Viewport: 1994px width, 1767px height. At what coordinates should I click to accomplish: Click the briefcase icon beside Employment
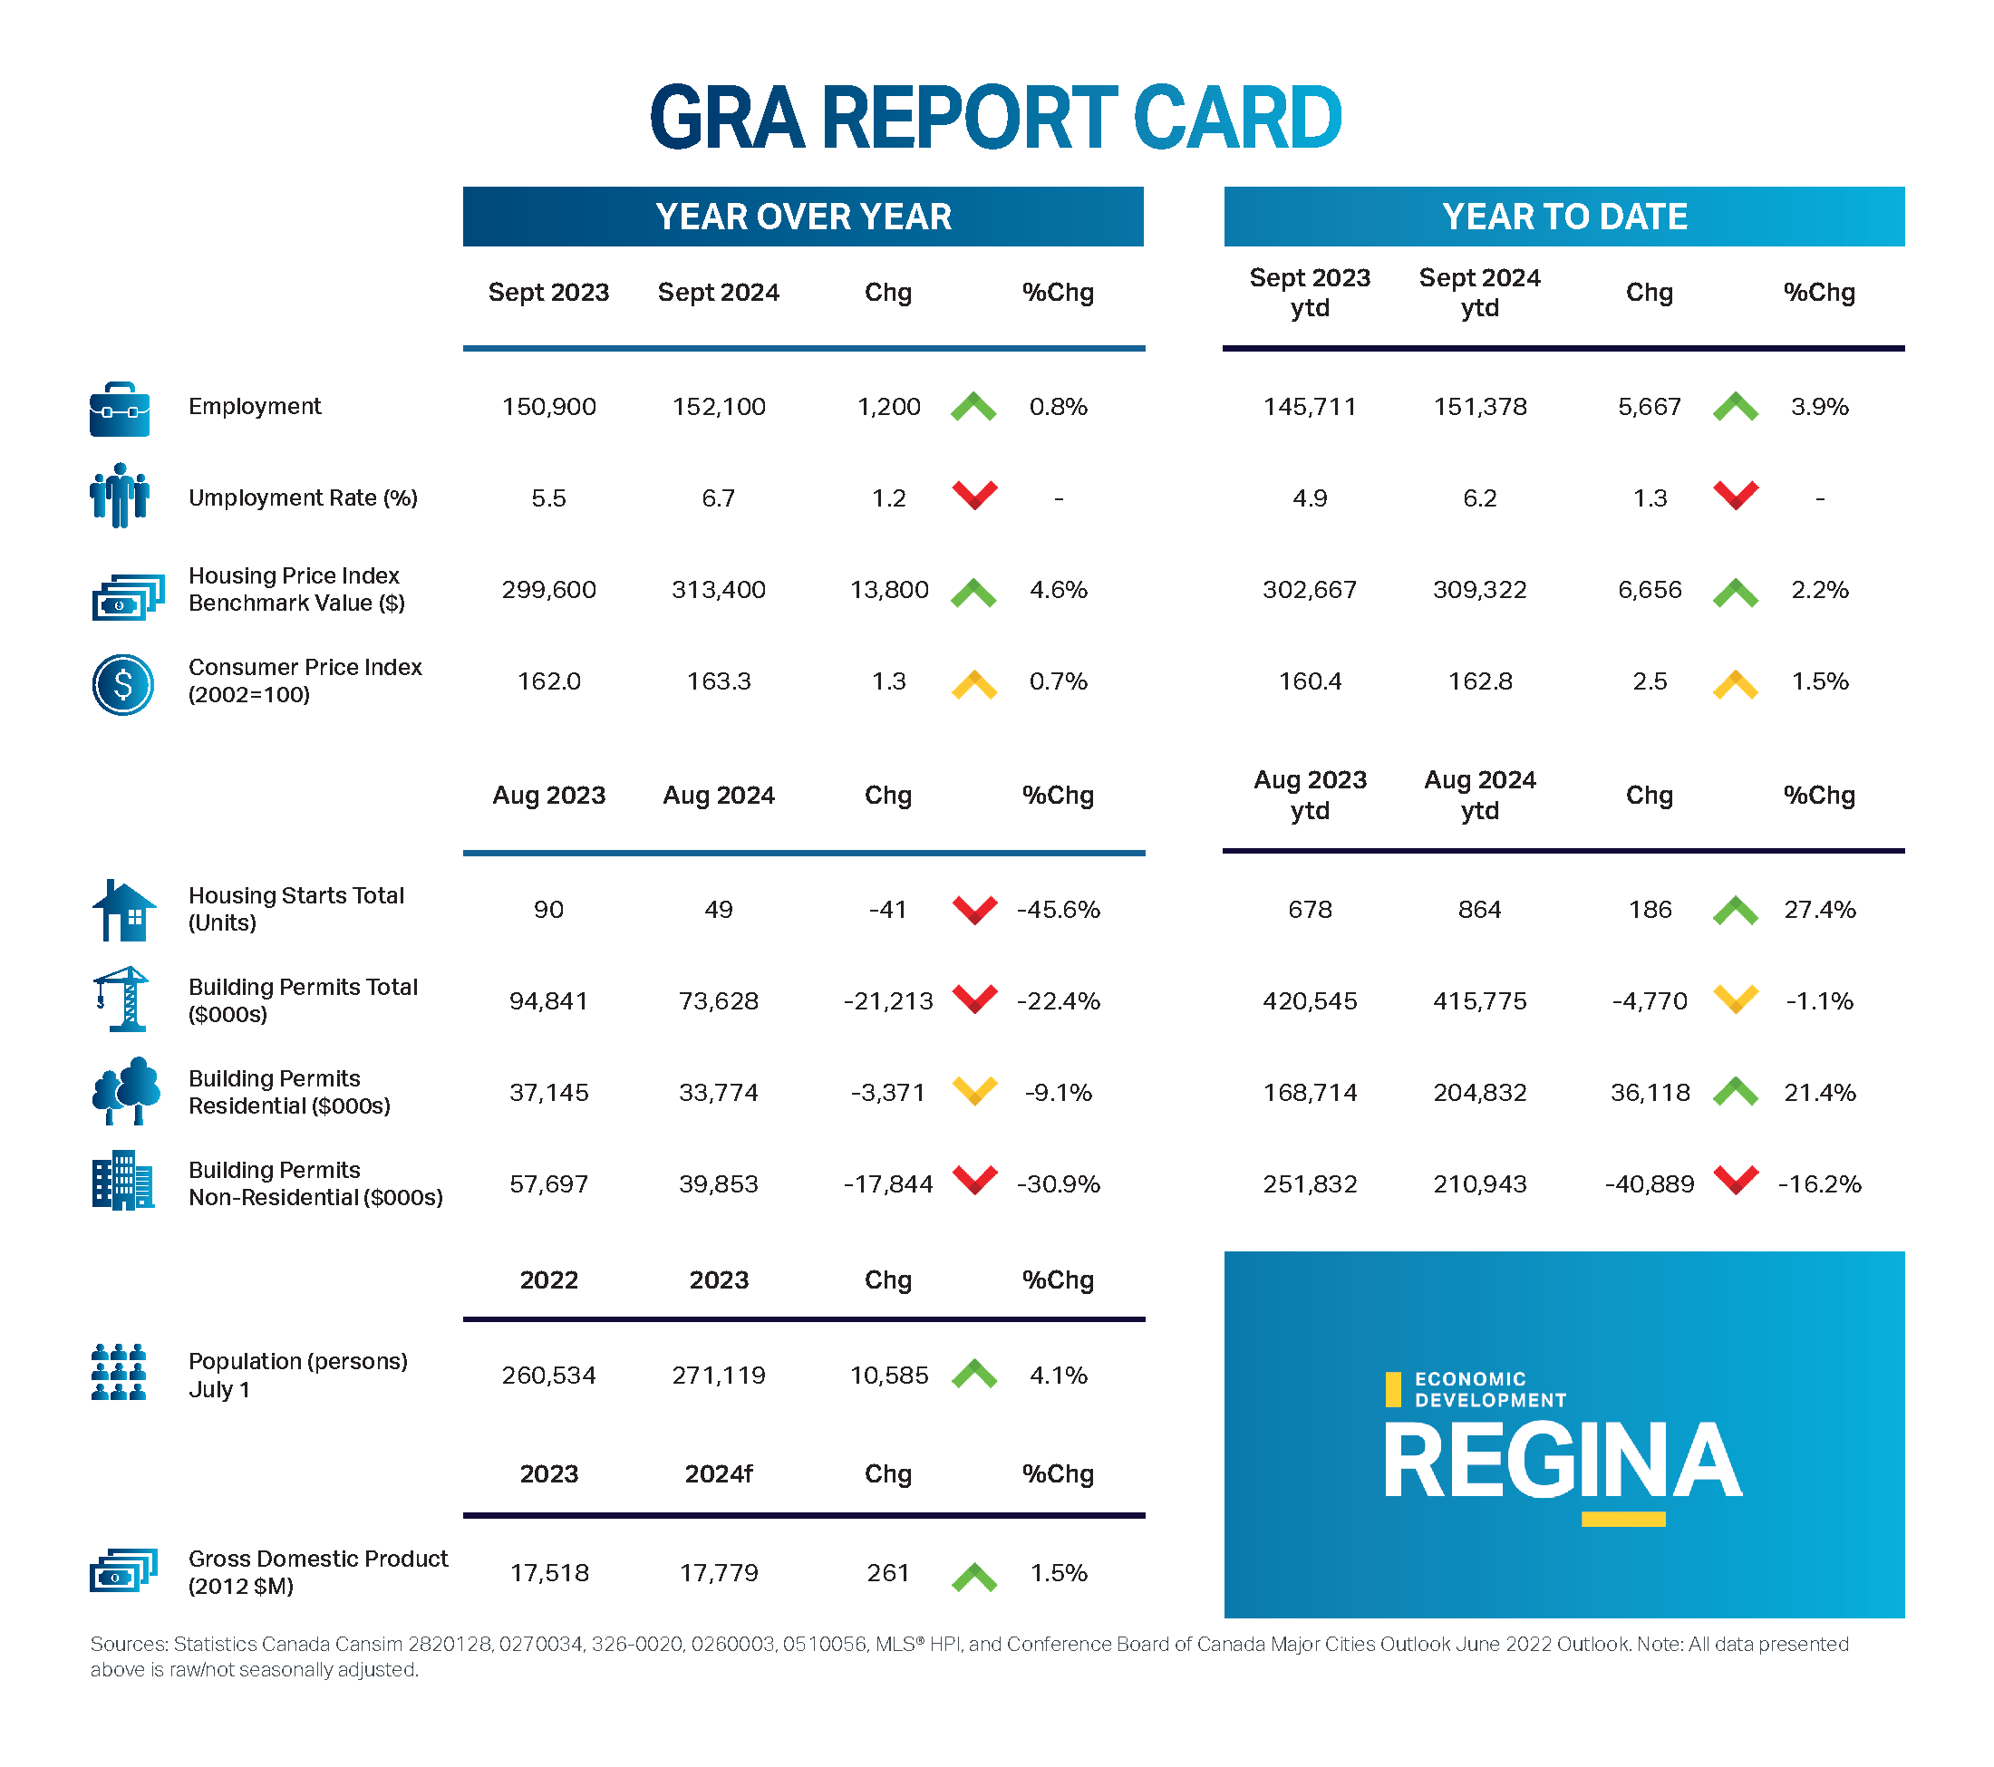120,409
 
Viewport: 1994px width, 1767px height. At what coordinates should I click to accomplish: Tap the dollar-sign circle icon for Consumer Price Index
123,684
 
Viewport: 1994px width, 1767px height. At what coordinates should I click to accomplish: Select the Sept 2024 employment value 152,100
719,407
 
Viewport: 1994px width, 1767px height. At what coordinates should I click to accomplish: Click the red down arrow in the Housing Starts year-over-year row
974,909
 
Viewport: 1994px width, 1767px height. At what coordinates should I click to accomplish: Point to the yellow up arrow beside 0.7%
973,684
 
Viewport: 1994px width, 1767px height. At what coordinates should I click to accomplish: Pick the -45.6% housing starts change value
1059,910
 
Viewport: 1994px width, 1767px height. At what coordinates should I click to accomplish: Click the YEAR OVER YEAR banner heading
803,217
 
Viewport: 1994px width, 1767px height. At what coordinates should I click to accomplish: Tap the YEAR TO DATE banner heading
1563,217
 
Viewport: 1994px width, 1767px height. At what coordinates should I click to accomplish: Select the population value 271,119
719,1375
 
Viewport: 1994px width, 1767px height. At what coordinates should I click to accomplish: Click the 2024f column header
719,1473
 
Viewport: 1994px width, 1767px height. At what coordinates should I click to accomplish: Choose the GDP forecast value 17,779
719,1573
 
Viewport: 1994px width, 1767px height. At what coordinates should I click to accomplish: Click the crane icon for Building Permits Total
123,999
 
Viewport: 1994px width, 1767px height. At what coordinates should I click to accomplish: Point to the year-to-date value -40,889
1650,1183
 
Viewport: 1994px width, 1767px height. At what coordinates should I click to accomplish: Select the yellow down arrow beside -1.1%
1736,999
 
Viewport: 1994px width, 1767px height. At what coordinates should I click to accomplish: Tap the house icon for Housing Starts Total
123,910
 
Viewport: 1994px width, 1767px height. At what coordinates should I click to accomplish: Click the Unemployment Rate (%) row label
303,498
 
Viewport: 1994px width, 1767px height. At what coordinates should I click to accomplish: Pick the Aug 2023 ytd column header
1310,795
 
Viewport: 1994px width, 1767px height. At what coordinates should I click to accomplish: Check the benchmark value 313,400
719,590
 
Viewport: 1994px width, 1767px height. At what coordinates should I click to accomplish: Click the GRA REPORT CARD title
996,117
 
